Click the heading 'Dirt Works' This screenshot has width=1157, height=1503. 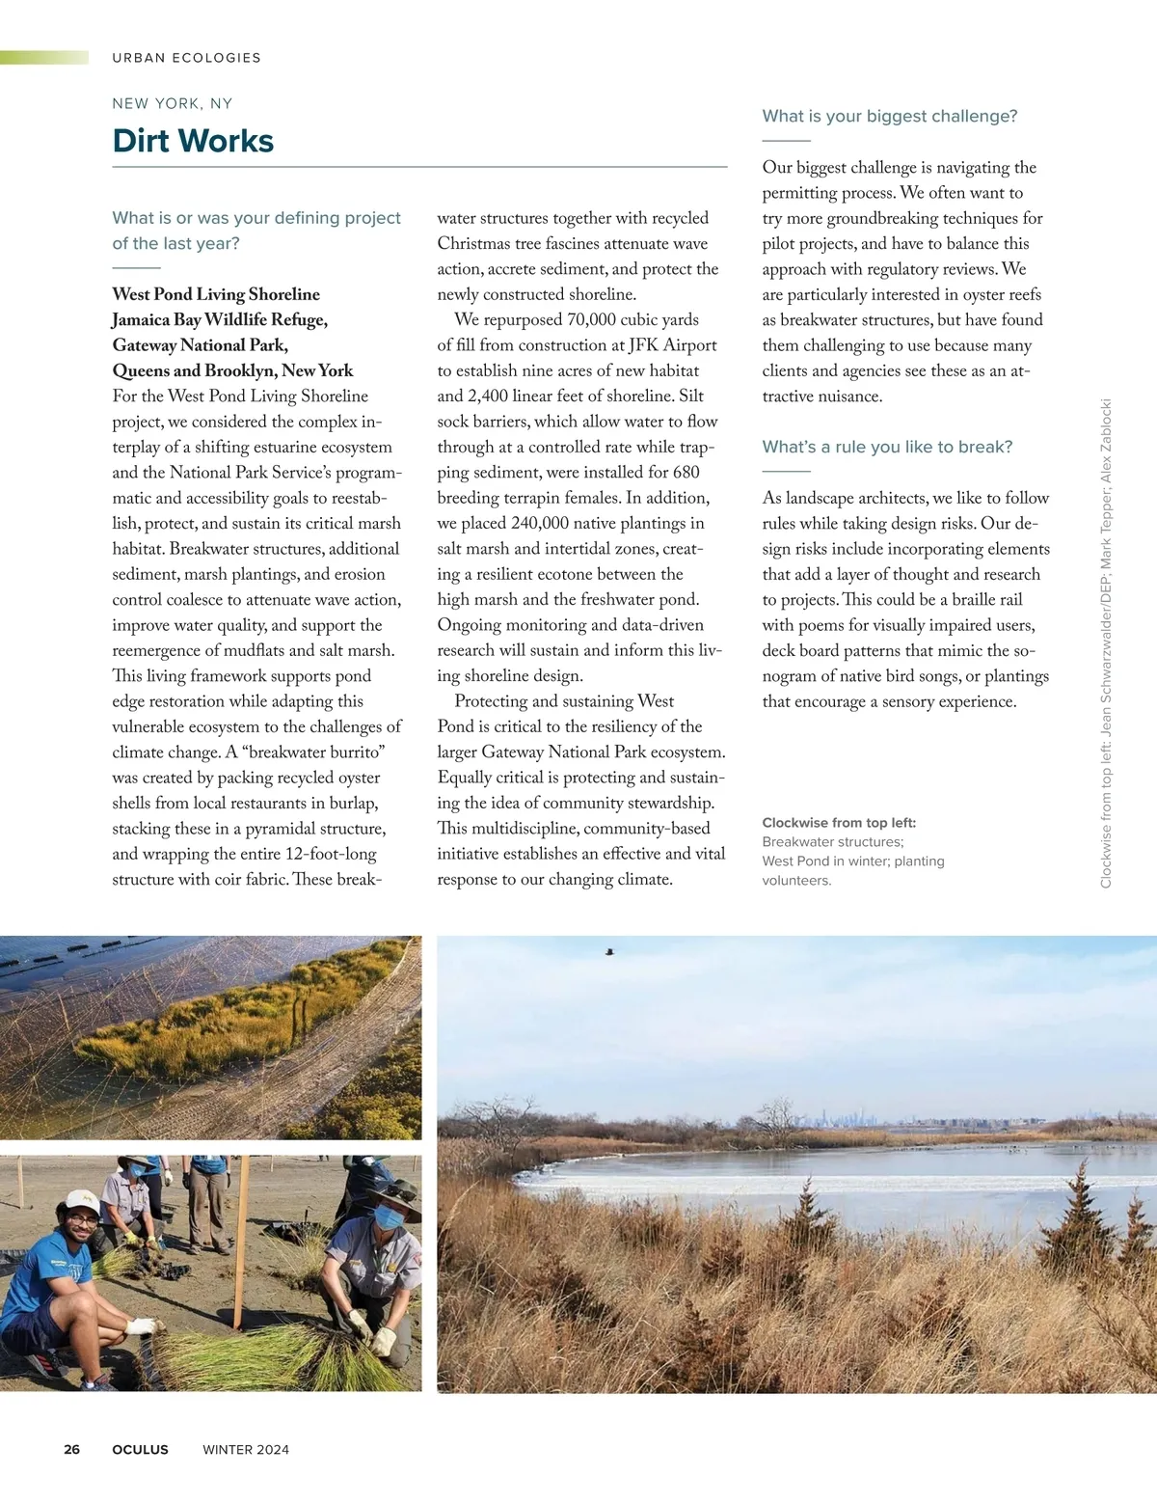pyautogui.click(x=193, y=141)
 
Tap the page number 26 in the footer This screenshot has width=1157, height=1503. pyautogui.click(x=72, y=1449)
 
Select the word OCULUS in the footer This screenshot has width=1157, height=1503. pyautogui.click(x=140, y=1449)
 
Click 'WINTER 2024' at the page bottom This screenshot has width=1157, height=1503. pyautogui.click(x=246, y=1449)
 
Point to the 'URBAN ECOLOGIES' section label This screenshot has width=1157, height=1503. pyautogui.click(x=186, y=58)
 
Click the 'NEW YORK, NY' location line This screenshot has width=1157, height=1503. pyautogui.click(x=172, y=103)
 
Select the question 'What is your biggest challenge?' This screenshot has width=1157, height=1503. pyautogui.click(x=889, y=116)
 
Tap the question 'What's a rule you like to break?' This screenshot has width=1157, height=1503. pyautogui.click(x=887, y=447)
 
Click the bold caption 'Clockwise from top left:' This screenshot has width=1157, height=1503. pyautogui.click(x=839, y=823)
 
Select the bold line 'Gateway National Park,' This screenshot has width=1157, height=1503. pyautogui.click(x=200, y=344)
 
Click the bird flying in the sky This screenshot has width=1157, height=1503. pyautogui.click(x=609, y=952)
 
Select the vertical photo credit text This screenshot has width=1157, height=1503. pyautogui.click(x=1106, y=643)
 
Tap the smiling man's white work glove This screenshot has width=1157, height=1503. pyautogui.click(x=142, y=1326)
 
